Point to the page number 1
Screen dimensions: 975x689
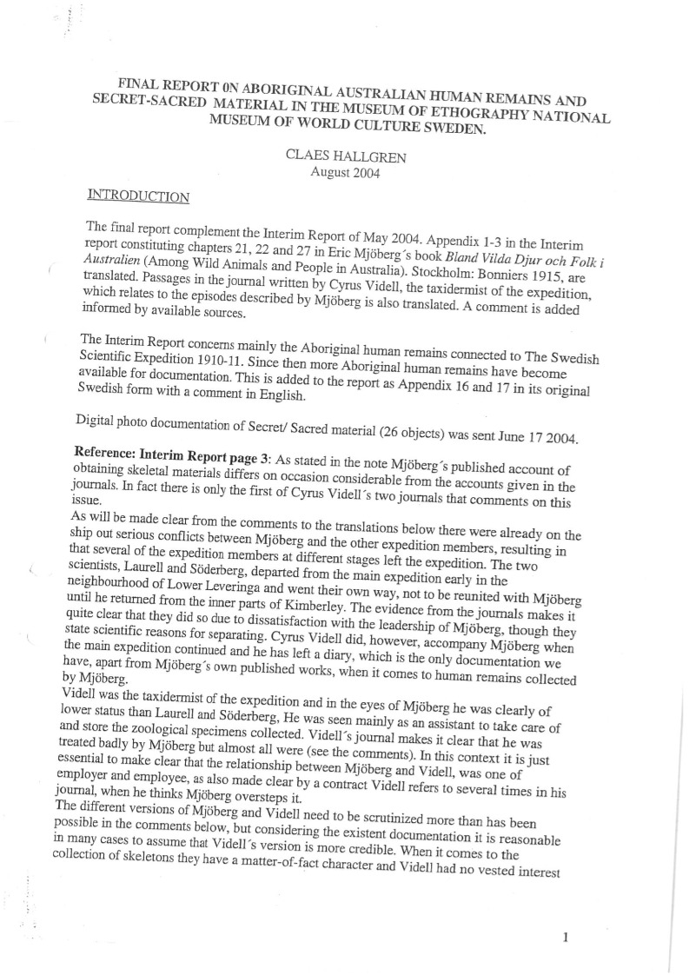[566, 913]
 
